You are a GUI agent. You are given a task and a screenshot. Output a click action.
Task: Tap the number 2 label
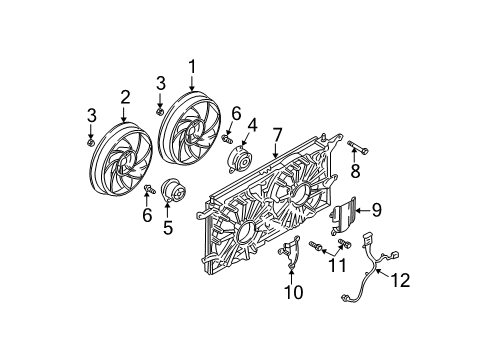126,97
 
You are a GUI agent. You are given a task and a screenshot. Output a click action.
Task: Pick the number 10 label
291,292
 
